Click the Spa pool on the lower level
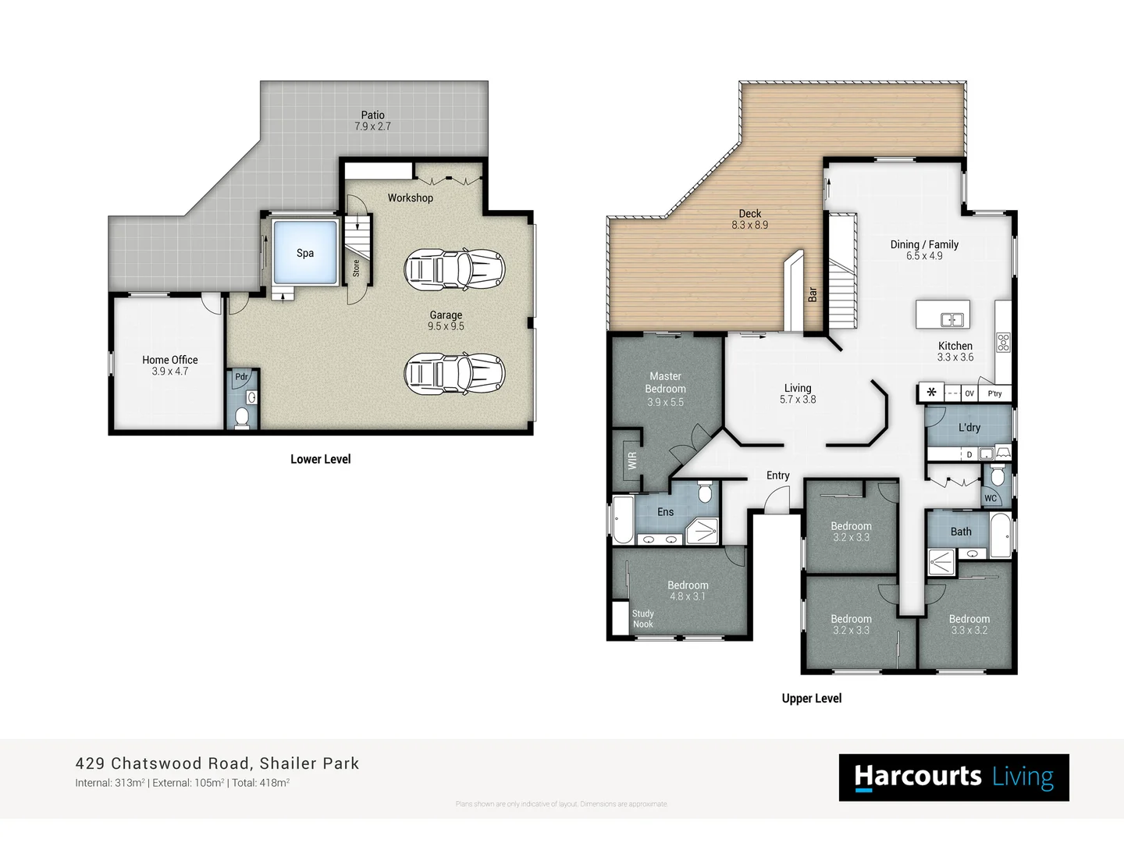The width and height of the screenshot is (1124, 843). [x=304, y=252]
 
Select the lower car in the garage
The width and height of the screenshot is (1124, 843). [x=454, y=373]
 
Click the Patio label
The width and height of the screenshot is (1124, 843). [x=372, y=115]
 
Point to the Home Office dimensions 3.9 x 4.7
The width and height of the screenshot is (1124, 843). [x=170, y=372]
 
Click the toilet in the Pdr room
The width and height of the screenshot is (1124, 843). [x=242, y=418]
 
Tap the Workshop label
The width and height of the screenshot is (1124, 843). [x=410, y=197]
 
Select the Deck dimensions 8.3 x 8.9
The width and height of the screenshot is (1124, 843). [x=749, y=225]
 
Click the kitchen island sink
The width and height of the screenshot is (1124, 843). [x=951, y=319]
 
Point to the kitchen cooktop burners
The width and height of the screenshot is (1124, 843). [x=1003, y=342]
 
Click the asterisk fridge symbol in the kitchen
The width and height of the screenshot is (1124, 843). [x=931, y=393]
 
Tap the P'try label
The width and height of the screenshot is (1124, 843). [x=994, y=393]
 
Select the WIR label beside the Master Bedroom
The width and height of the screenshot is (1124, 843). [x=631, y=461]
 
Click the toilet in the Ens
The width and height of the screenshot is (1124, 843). [x=705, y=493]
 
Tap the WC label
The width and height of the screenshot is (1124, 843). [x=991, y=498]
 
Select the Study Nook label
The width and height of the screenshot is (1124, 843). [x=643, y=619]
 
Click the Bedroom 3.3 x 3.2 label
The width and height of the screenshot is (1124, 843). [x=969, y=619]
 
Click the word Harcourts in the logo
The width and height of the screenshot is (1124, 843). [x=918, y=776]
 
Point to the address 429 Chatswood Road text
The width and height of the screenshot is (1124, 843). [x=163, y=763]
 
